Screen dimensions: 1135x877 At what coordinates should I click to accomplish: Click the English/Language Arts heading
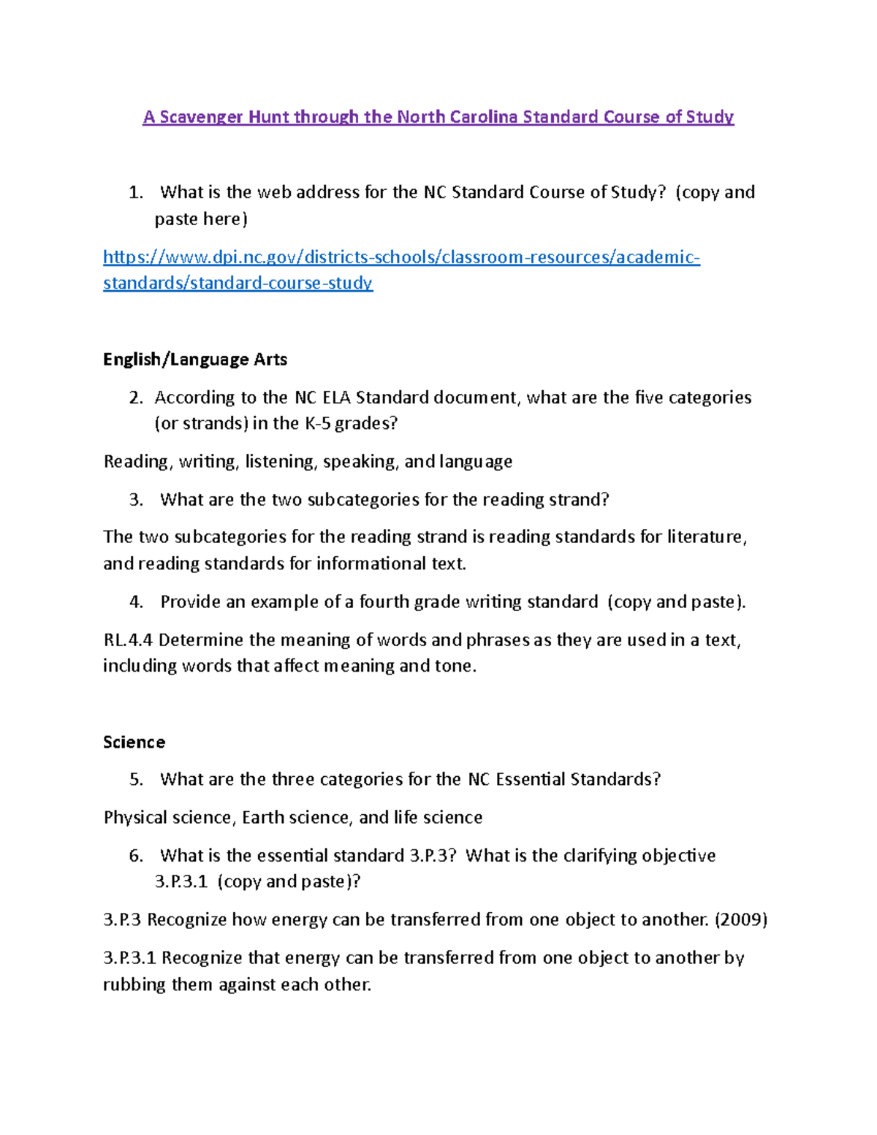coord(195,359)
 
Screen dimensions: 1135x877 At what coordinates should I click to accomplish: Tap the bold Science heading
coord(134,742)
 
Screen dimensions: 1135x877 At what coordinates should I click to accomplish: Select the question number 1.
coord(135,192)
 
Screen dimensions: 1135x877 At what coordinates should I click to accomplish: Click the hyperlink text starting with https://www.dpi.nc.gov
coord(401,257)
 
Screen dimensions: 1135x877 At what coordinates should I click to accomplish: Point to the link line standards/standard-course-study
coord(238,283)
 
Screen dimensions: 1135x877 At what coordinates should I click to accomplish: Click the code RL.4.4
coord(128,639)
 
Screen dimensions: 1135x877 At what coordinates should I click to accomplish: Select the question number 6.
coord(136,855)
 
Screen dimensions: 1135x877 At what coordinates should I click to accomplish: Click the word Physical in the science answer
coord(134,817)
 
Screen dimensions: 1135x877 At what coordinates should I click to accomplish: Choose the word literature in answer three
coord(706,536)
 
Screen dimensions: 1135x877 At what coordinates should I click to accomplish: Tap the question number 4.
coord(136,601)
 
